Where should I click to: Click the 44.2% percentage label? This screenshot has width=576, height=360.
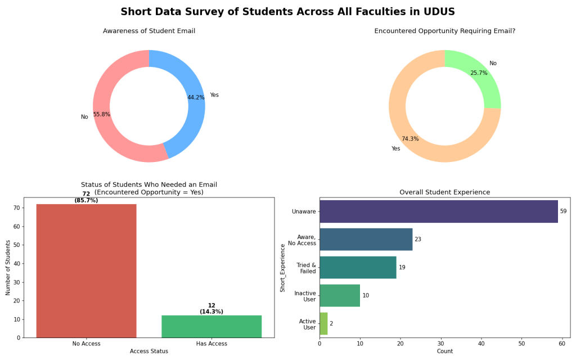tap(196, 98)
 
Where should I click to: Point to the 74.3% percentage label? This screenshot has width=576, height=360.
tap(410, 139)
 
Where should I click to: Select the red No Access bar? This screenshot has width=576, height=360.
tap(86, 271)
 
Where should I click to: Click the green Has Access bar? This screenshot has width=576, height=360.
tap(211, 326)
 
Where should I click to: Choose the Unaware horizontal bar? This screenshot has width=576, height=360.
tap(439, 211)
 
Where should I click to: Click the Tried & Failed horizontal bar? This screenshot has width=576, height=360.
tap(358, 267)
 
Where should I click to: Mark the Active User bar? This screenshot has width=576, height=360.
tap(323, 323)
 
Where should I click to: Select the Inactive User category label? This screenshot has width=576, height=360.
tap(305, 296)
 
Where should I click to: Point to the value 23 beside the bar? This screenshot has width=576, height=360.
tap(418, 240)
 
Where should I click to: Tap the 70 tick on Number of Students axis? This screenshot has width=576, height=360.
tap(17, 208)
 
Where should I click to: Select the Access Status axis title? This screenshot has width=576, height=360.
tap(148, 352)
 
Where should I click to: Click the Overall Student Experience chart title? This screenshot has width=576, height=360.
tap(444, 192)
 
